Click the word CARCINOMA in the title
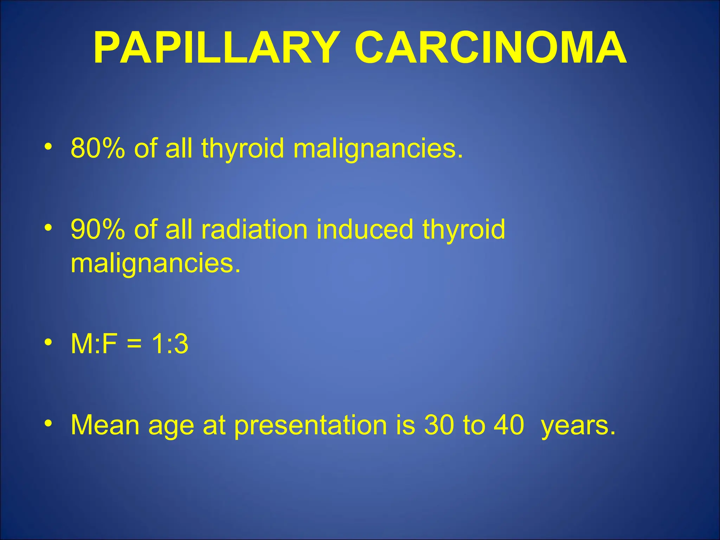490,48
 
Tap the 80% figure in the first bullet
97,148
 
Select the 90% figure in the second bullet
97,229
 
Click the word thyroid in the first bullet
243,148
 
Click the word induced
365,229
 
